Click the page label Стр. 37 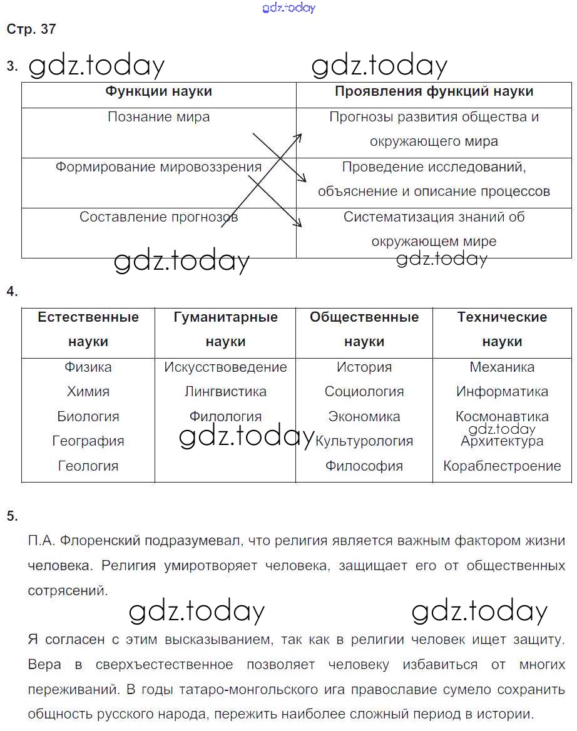click(x=31, y=29)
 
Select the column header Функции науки click(x=158, y=91)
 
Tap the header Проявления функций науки click(x=434, y=91)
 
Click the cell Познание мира click(x=158, y=117)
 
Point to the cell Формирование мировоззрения click(x=158, y=167)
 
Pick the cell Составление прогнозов click(x=158, y=217)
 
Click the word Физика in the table click(x=88, y=367)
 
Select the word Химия click(x=88, y=392)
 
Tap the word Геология click(x=88, y=466)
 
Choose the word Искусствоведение click(x=225, y=367)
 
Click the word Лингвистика click(x=225, y=392)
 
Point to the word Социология click(x=364, y=392)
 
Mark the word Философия click(x=364, y=466)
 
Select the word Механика click(x=502, y=367)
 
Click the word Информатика click(x=502, y=392)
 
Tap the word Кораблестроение click(x=502, y=466)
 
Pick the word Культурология click(x=364, y=441)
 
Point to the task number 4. click(x=12, y=292)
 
